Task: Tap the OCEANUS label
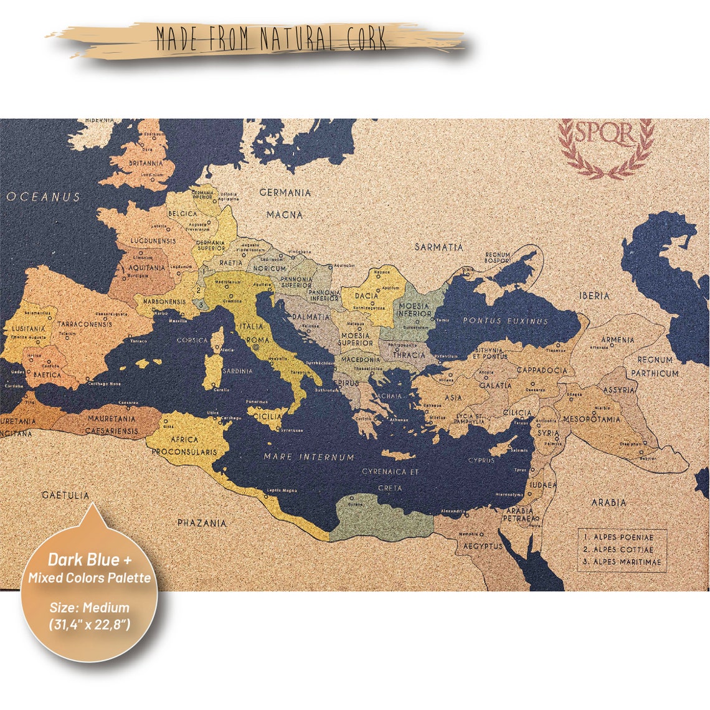44,197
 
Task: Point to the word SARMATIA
439,247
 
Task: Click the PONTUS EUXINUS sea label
505,321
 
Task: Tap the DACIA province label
367,296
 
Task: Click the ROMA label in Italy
258,339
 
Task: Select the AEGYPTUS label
483,546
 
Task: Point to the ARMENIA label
617,339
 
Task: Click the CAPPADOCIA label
542,370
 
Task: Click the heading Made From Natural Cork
272,39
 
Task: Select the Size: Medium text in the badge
90,607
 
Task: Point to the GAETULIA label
65,495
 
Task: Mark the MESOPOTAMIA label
592,419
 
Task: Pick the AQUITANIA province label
148,268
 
